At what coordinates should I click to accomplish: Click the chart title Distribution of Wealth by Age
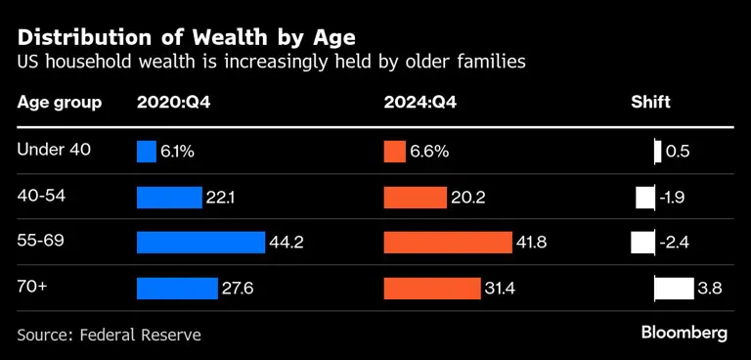187,37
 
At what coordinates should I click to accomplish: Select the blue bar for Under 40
146,152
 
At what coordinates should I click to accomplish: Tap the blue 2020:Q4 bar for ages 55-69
200,243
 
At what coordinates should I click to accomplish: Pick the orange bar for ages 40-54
415,198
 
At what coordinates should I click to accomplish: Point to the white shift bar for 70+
673,289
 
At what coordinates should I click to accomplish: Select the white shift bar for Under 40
658,152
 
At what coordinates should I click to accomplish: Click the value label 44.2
287,243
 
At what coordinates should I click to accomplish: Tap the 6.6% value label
429,152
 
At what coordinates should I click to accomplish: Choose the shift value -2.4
675,243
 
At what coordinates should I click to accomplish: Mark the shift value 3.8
710,289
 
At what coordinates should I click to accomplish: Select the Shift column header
650,103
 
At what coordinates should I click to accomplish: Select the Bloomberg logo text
685,334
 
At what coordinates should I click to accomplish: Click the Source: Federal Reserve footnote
109,335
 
